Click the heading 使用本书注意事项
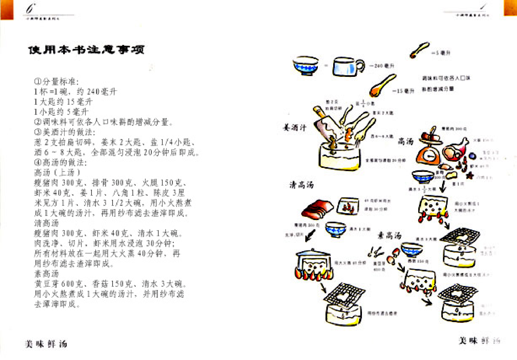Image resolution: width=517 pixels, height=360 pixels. coord(86,50)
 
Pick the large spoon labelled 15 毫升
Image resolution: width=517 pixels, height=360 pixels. coord(381,86)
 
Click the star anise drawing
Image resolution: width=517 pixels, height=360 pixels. coord(471,175)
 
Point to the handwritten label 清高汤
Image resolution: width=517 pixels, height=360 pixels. coord(301,185)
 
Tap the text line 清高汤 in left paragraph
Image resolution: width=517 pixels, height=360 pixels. coord(47,223)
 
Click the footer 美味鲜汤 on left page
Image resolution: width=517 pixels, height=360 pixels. coord(46,344)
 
